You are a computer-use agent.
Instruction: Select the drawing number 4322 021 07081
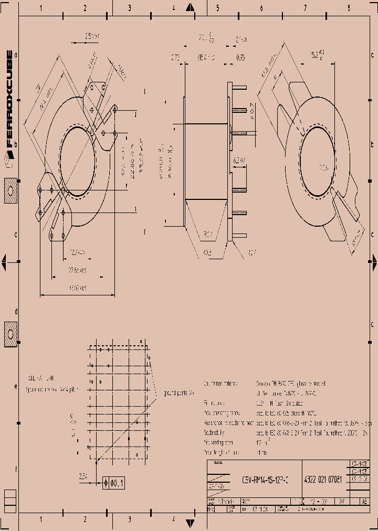point(323,479)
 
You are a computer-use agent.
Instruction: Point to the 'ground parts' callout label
point(178,392)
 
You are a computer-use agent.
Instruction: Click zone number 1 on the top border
point(41,8)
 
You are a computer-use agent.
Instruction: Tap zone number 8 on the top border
point(349,8)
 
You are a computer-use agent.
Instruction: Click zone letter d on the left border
point(16,312)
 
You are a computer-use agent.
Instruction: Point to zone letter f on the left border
point(16,470)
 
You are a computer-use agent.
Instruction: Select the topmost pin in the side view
point(239,86)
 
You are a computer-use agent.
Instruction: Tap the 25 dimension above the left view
point(92,36)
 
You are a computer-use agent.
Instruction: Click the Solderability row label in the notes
point(214,432)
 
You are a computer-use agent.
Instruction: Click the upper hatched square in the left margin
point(10,191)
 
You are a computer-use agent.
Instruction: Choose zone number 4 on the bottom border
point(173,519)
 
